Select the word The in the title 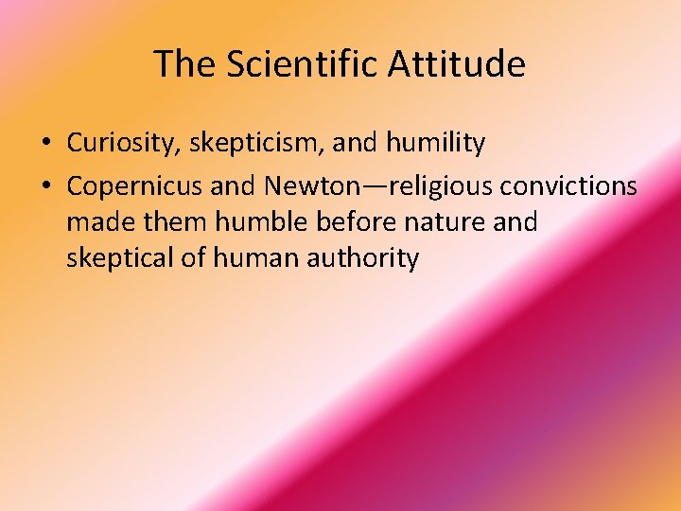click(x=183, y=64)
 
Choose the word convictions click(x=568, y=186)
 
